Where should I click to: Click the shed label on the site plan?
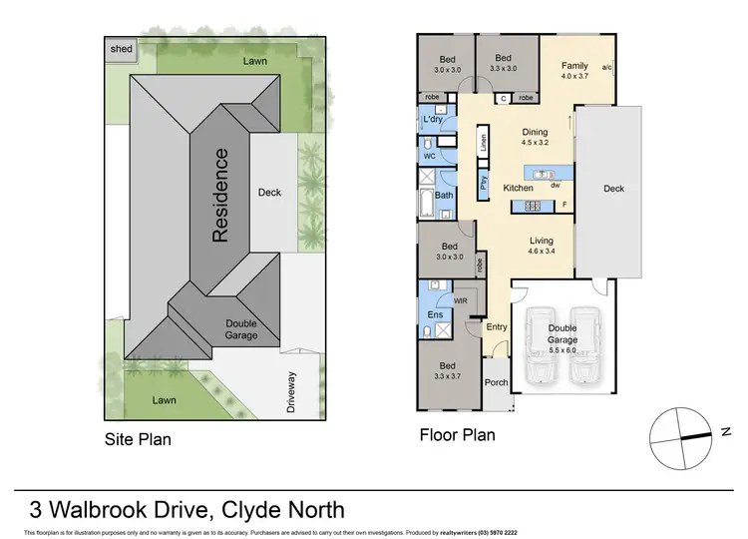[121, 48]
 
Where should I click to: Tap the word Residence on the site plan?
[221, 196]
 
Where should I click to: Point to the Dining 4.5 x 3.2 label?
[535, 138]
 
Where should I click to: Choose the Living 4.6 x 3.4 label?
[541, 246]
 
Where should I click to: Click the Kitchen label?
[518, 188]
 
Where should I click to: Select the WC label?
[429, 157]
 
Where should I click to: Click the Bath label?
[444, 196]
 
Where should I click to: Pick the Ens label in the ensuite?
[434, 315]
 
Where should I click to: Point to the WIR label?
[461, 299]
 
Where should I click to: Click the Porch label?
[496, 382]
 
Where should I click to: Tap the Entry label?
[496, 326]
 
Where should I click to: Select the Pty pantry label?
[483, 183]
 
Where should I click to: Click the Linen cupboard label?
[483, 144]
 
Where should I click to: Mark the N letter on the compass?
[726, 431]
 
